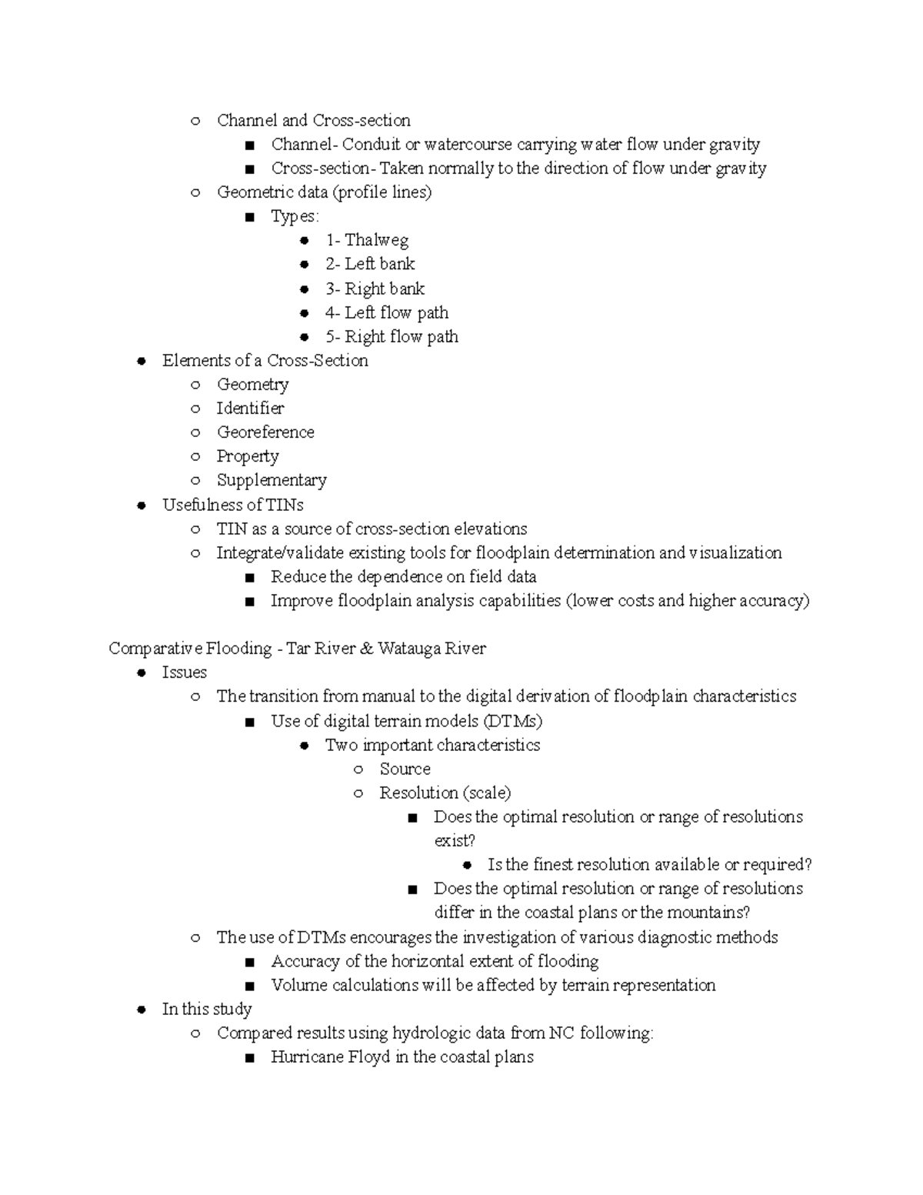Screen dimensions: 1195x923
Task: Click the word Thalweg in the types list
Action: point(376,241)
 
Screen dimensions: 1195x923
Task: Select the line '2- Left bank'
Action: point(369,265)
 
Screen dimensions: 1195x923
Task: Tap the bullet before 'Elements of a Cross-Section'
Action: point(141,362)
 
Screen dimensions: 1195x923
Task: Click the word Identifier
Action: point(250,409)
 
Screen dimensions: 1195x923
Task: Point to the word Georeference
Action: point(265,432)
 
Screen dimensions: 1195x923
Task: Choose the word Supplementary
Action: point(272,481)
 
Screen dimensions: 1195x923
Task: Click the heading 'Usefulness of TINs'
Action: point(232,506)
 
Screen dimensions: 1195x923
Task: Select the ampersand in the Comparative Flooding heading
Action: point(366,649)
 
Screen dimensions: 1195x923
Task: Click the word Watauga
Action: point(408,649)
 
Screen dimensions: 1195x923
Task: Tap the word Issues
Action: point(184,673)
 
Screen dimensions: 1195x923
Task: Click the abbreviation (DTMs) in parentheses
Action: point(513,722)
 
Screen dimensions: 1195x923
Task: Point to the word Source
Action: point(405,769)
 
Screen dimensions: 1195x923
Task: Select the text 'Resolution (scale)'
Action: point(445,793)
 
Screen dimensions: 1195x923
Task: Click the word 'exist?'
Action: point(455,841)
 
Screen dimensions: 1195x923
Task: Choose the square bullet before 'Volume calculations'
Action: point(249,986)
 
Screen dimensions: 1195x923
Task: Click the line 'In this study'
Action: point(206,1010)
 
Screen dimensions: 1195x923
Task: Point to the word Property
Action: point(247,457)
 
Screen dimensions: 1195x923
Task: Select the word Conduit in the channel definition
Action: point(371,145)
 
